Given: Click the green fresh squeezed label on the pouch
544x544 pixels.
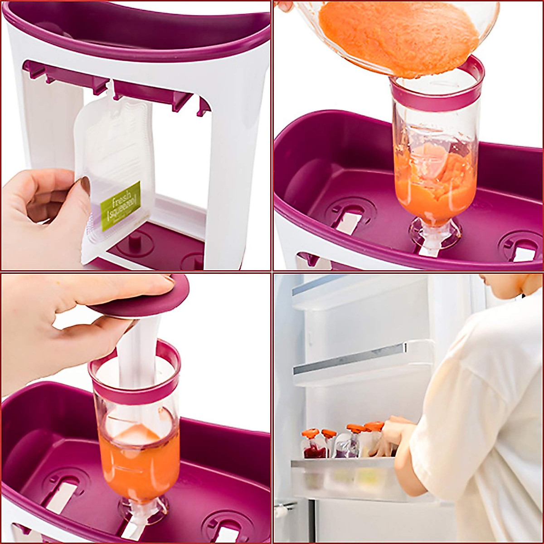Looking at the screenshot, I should pos(120,206).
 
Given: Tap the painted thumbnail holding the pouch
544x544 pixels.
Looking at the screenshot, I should pos(85,185).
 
